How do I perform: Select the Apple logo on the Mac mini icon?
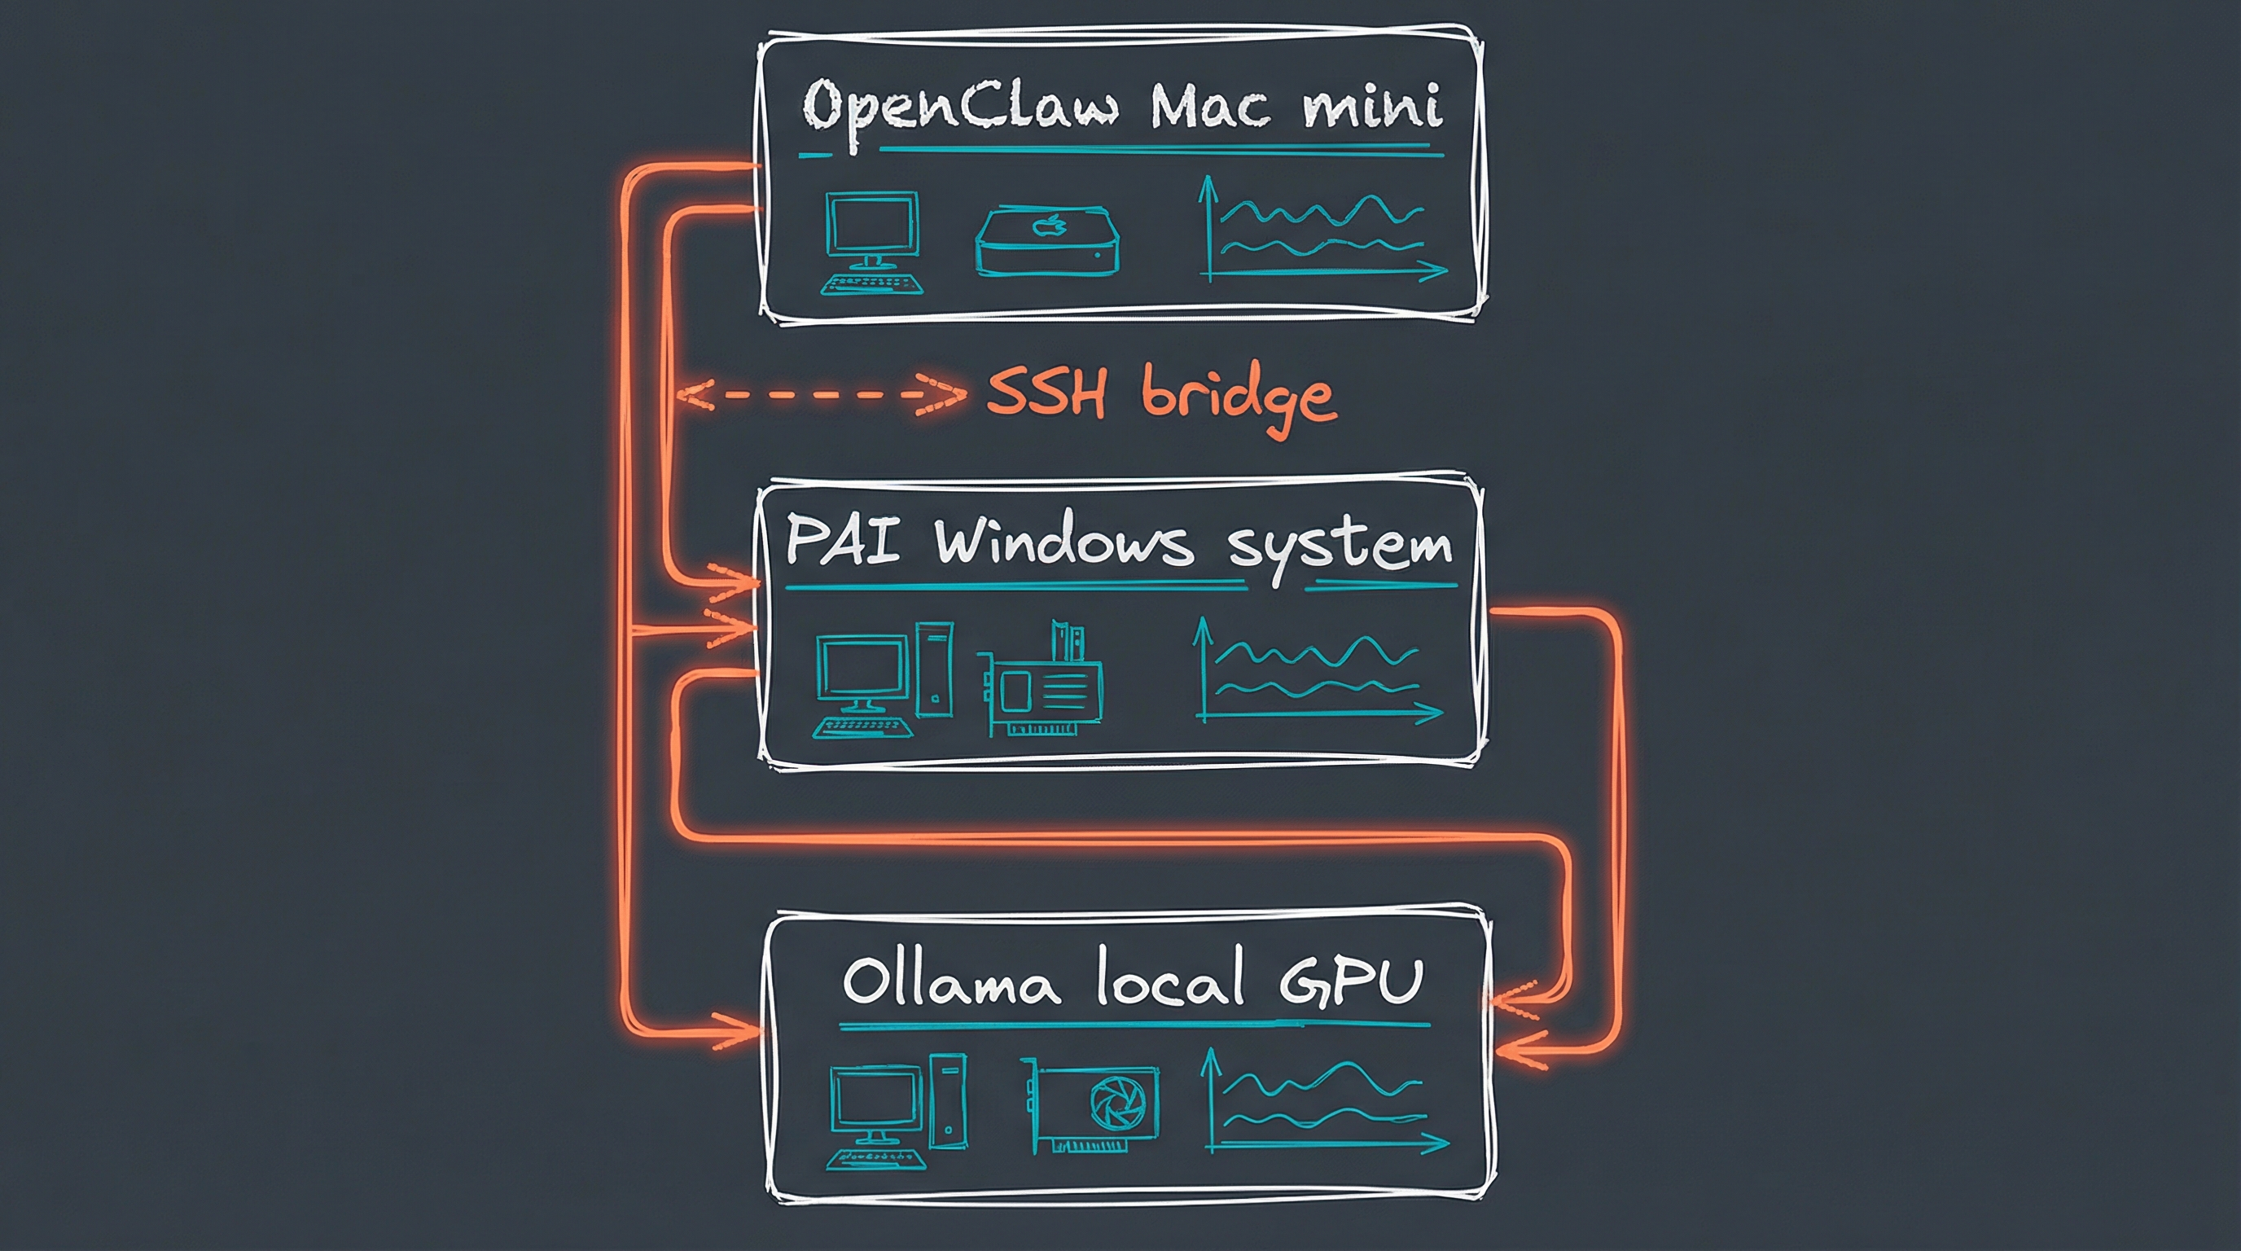click(x=1048, y=226)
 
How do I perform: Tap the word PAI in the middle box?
click(x=841, y=541)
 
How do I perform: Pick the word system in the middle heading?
click(x=1339, y=547)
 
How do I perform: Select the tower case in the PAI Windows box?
click(x=933, y=669)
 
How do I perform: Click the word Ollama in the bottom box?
click(x=951, y=982)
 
